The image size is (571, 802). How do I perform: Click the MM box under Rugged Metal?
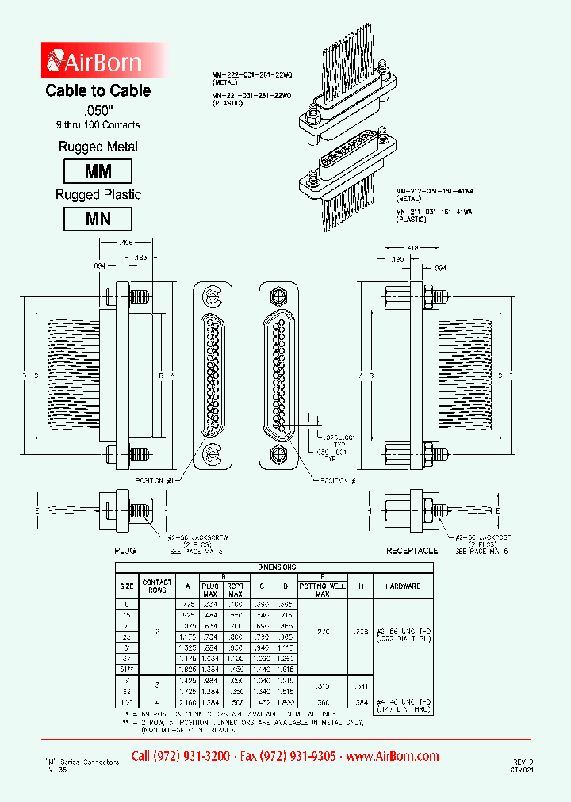click(x=98, y=171)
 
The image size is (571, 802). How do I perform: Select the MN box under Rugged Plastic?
click(x=98, y=219)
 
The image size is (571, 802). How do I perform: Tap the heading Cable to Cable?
click(x=98, y=91)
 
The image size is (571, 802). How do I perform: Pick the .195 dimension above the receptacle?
click(x=397, y=259)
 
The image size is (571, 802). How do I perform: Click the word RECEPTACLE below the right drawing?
click(x=412, y=549)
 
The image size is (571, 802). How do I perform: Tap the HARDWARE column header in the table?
click(x=403, y=587)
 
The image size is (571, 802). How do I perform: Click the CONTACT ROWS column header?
click(x=157, y=587)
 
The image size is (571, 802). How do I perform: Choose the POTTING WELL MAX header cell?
click(x=322, y=590)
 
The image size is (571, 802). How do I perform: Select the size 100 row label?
click(x=127, y=702)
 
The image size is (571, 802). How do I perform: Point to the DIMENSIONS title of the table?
click(x=275, y=567)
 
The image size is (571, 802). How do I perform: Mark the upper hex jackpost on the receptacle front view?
click(x=278, y=297)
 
